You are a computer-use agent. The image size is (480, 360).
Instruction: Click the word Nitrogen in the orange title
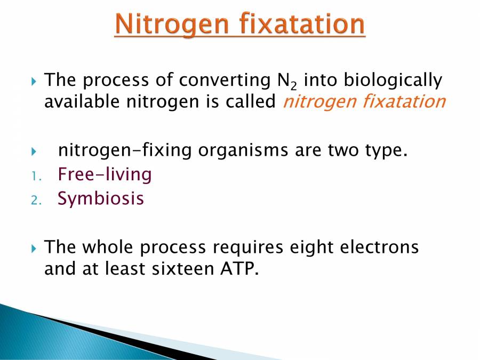coord(172,25)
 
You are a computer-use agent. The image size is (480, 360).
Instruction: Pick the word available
coord(82,101)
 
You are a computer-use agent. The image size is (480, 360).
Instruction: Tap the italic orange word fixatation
coord(404,101)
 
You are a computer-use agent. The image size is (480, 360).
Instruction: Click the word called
coord(251,101)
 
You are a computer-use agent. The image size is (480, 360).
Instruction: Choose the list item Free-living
coord(105,174)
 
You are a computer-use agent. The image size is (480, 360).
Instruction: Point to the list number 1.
coord(36,177)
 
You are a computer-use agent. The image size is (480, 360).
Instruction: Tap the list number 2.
coord(36,201)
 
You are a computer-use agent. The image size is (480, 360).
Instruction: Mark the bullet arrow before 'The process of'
coord(34,82)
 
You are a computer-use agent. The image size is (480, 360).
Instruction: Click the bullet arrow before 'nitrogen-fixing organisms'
coord(34,151)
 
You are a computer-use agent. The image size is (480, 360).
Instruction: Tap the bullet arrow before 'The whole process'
coord(34,249)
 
